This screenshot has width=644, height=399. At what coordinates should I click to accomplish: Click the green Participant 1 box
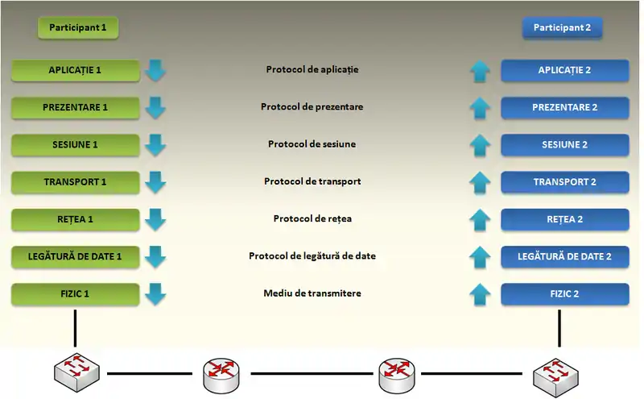[x=77, y=27]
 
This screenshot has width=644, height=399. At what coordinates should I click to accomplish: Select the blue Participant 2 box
[x=562, y=27]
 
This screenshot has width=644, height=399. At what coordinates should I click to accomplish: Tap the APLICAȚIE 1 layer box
[x=75, y=70]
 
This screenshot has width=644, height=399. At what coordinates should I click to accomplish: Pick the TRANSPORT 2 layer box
[x=564, y=182]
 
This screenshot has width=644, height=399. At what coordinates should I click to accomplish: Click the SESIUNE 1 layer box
[x=75, y=144]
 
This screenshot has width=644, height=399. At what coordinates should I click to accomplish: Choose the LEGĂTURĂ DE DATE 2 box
[x=564, y=256]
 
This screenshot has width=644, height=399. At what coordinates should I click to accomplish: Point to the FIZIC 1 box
[x=75, y=294]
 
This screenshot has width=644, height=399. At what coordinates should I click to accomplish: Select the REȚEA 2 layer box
[x=564, y=219]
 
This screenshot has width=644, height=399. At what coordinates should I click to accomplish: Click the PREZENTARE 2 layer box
[x=564, y=107]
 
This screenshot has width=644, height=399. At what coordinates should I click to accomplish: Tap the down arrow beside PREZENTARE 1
[x=155, y=107]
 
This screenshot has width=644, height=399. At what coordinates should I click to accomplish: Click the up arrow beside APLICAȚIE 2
[x=480, y=71]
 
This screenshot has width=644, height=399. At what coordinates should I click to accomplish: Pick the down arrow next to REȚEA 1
[x=155, y=219]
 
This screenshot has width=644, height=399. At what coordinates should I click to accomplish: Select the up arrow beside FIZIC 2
[x=480, y=295]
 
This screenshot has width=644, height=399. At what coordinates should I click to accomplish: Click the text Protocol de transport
[x=312, y=181]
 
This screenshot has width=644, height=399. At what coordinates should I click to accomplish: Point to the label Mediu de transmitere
[x=312, y=293]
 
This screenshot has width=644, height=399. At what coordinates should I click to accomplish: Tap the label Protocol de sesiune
[x=312, y=143]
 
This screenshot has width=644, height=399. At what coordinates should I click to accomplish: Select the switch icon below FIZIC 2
[x=558, y=375]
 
